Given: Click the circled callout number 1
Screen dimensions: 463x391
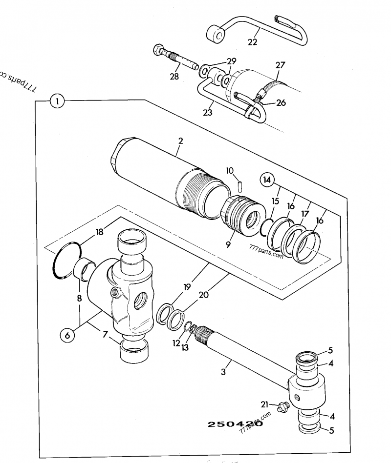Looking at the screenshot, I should point(57,101).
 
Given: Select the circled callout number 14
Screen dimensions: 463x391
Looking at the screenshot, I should point(266,179).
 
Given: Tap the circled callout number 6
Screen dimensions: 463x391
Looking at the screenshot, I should point(67,335).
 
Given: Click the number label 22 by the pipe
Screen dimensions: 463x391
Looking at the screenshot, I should point(252,42).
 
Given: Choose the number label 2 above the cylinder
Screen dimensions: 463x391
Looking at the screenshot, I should point(180,141).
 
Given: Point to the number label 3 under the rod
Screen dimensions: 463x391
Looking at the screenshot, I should point(223,372).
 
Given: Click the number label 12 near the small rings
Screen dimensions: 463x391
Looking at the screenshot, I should point(176,343).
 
